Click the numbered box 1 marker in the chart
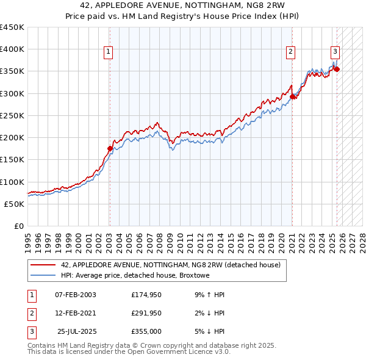pos(108,52)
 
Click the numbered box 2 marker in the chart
pos(291,52)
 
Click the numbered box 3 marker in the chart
pos(335,52)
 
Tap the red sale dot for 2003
pos(110,148)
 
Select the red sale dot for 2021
pos(293,96)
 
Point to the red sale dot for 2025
pos(337,69)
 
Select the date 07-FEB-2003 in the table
pos(76,295)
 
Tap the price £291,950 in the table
pos(146,313)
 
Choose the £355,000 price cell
pos(146,331)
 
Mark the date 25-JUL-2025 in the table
pos(77,331)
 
